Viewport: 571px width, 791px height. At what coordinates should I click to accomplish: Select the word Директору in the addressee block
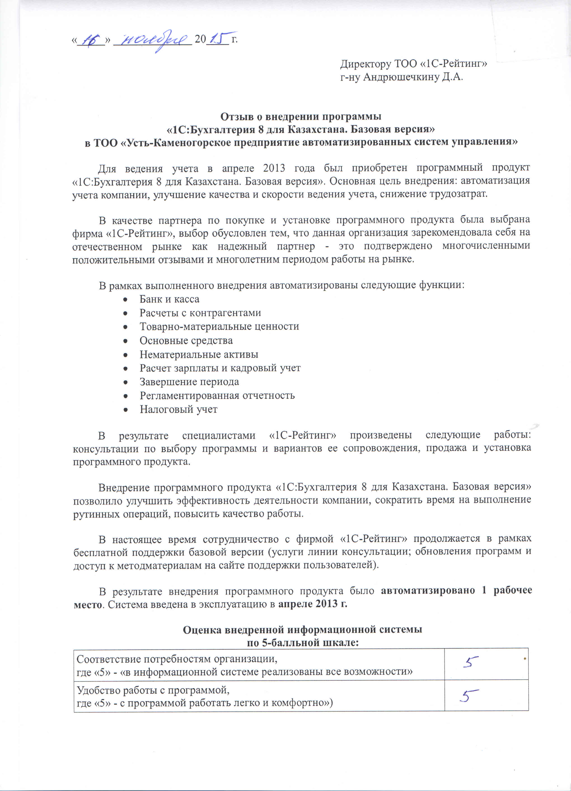coord(366,64)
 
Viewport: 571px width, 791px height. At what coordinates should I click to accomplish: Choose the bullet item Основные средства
coord(186,340)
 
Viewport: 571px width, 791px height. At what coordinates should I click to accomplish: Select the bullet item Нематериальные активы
coord(199,354)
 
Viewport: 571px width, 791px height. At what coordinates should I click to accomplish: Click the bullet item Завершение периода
coord(189,382)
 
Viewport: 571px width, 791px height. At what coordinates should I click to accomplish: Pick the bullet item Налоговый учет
coord(178,409)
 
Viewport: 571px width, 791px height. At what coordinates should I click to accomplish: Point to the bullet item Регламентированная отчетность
coord(217,395)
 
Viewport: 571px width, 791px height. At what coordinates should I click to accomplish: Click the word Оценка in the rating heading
coord(202,630)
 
